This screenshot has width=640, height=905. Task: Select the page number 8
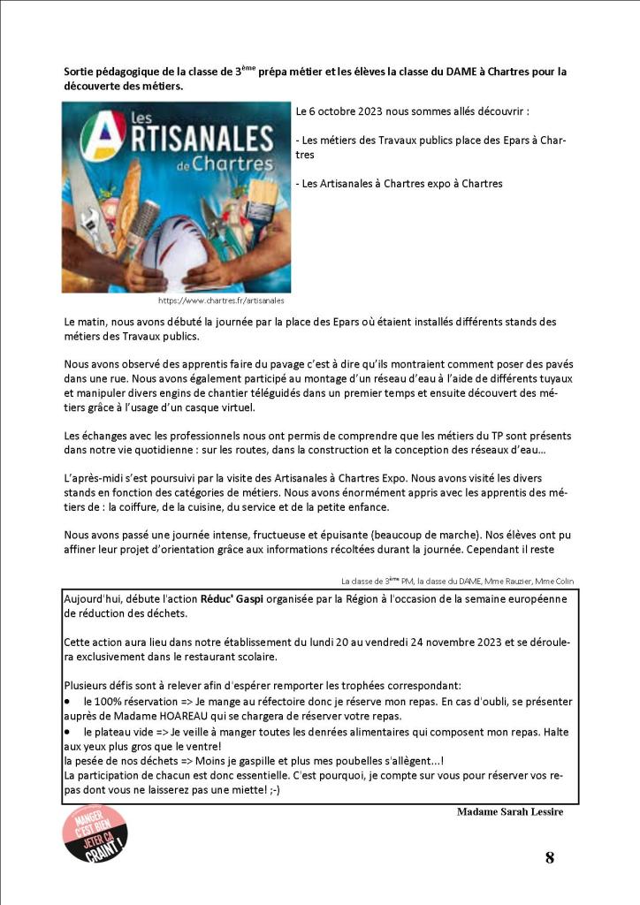click(x=549, y=856)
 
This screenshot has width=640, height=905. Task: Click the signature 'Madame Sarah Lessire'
click(x=510, y=811)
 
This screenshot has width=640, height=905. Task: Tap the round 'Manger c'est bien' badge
click(x=95, y=838)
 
